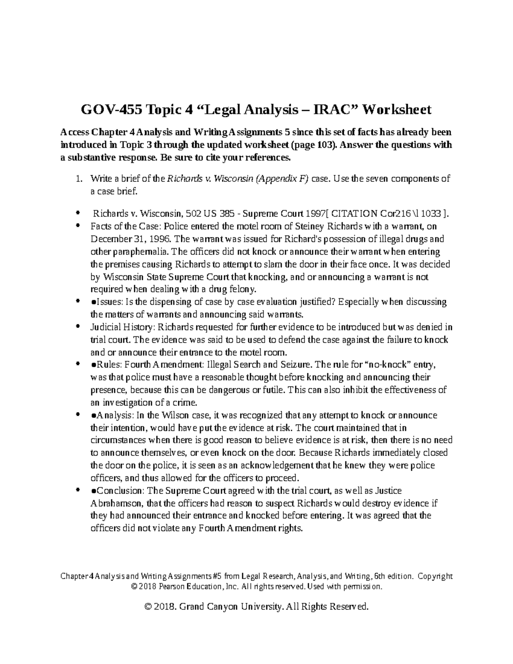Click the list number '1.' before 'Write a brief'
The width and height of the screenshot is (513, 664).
tap(78, 179)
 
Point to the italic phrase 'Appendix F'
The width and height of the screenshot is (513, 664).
tap(281, 179)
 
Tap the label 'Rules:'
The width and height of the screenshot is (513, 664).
tap(108, 365)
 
